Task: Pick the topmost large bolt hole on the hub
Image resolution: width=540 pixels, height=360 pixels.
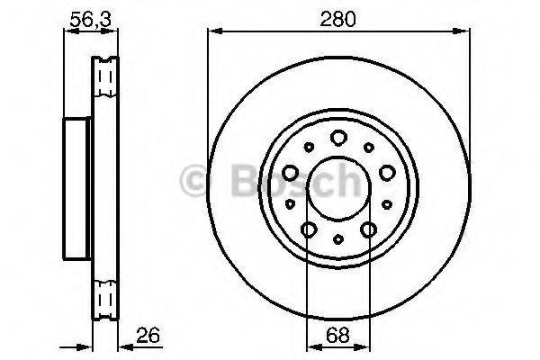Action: point(338,138)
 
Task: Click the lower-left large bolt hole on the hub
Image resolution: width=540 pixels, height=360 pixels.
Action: point(308,230)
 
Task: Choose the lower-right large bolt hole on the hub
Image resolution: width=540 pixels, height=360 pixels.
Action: point(367,230)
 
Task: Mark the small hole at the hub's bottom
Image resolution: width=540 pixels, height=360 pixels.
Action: point(337,239)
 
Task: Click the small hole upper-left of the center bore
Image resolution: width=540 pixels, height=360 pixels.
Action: point(308,147)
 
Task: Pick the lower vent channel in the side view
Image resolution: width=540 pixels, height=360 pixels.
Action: point(105,297)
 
